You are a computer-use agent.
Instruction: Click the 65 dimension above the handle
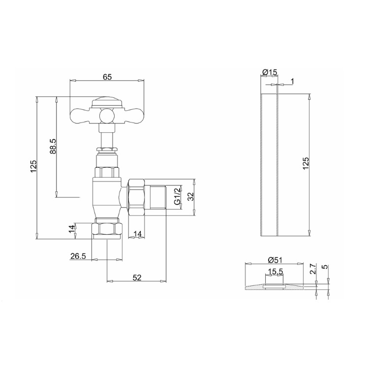pos(107,77)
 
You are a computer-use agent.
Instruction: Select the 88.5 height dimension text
pos(54,147)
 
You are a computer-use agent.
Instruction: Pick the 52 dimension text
pos(137,278)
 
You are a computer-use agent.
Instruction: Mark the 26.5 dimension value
pos(78,256)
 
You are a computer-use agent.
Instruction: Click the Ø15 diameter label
pos(269,72)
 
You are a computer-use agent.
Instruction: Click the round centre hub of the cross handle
pos(107,116)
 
